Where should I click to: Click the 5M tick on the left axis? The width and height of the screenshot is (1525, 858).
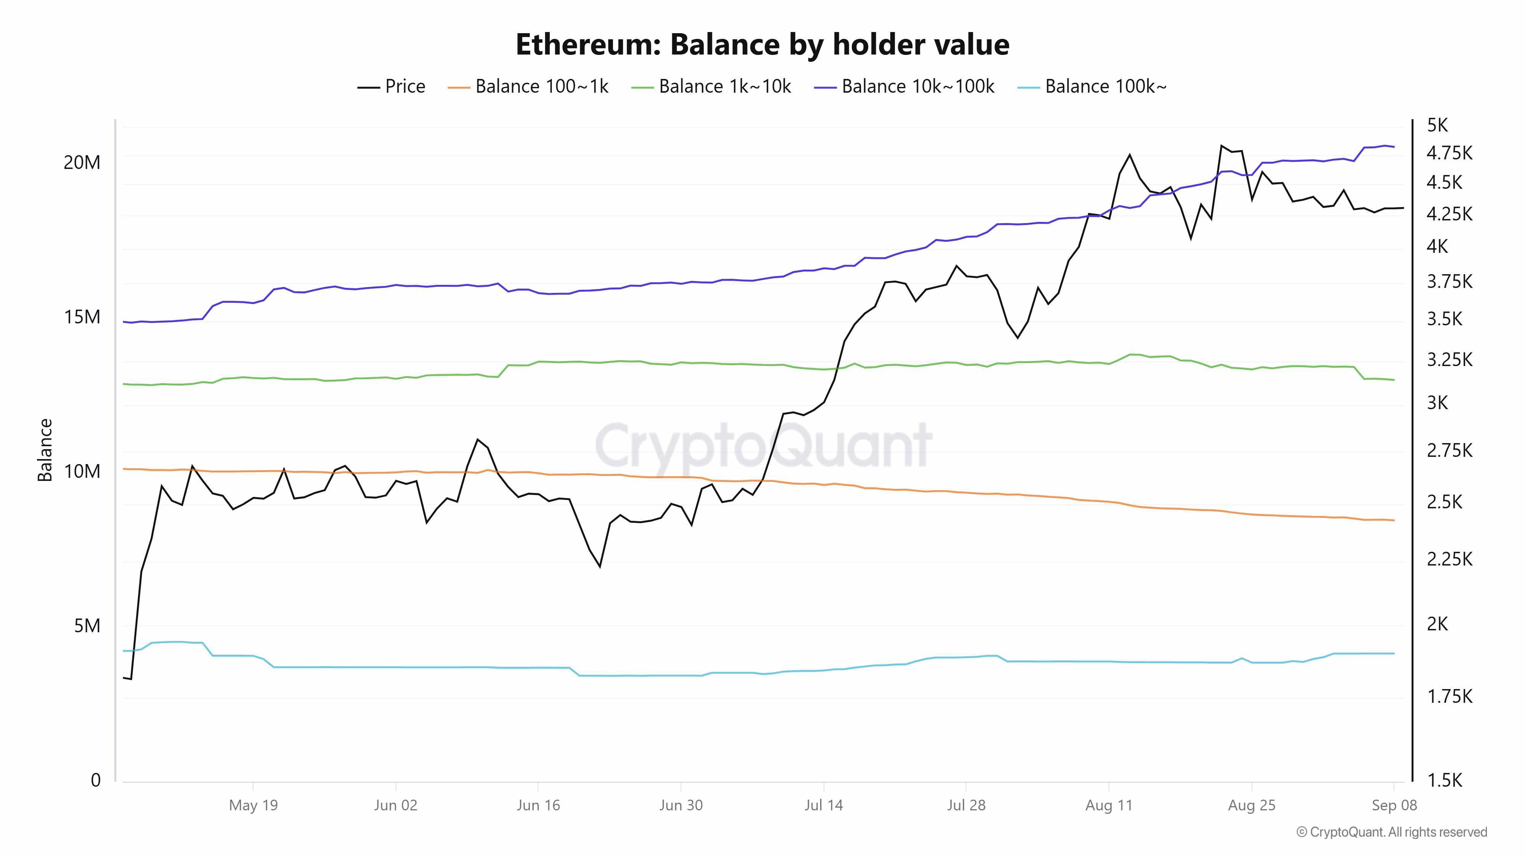coord(87,626)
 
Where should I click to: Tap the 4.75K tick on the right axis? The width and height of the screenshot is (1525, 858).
coord(1449,153)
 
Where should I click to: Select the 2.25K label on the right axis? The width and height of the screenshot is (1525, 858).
coord(1449,559)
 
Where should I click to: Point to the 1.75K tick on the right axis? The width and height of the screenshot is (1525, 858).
coord(1449,696)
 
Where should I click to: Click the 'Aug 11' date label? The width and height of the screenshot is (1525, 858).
coord(1108,805)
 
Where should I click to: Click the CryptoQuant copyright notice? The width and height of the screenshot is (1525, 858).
coord(1391,832)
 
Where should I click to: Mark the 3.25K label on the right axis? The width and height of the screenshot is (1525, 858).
coord(1449,360)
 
